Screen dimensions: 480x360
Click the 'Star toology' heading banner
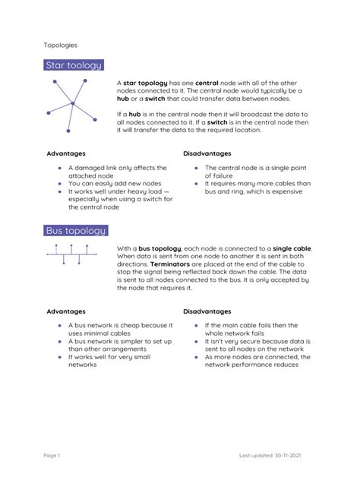(x=74, y=66)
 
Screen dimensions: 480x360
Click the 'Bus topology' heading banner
(x=75, y=230)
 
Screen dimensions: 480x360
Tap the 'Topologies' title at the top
(x=59, y=46)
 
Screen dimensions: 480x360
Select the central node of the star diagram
(x=73, y=103)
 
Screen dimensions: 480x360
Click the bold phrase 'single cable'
(x=292, y=248)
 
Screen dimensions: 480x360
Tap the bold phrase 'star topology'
(x=146, y=82)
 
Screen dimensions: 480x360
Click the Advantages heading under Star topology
(x=66, y=153)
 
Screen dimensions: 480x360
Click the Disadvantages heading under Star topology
(x=207, y=153)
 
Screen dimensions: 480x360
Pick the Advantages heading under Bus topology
(x=66, y=311)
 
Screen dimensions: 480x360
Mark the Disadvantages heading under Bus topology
(x=207, y=311)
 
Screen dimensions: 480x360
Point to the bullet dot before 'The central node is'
(x=196, y=168)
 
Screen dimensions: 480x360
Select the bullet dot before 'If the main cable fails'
(x=196, y=326)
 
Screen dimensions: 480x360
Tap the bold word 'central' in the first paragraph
(x=207, y=82)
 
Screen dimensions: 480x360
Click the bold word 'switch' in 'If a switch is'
(x=218, y=122)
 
